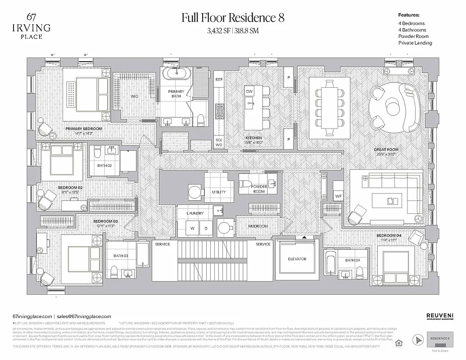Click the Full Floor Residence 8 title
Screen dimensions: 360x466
click(232, 18)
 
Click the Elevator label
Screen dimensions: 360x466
click(297, 259)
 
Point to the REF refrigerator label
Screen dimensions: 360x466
click(219, 79)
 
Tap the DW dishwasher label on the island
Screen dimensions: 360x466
click(249, 91)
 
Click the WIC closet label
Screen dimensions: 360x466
click(135, 96)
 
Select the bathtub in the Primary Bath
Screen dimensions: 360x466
click(176, 73)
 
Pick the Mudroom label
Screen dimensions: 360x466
click(258, 226)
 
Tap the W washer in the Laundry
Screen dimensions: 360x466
click(192, 229)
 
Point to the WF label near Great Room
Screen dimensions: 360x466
click(338, 197)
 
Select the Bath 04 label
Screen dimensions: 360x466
click(353, 261)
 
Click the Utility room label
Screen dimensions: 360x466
click(219, 192)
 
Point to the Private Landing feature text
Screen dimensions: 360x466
click(415, 43)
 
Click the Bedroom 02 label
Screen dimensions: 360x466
click(70, 188)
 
